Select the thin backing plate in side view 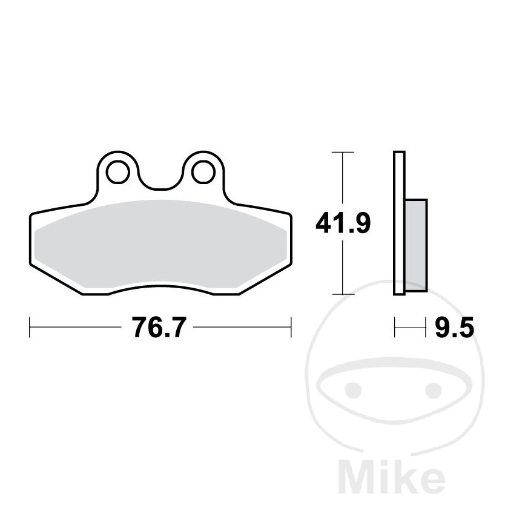point(398,223)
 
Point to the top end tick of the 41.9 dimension point(343,152)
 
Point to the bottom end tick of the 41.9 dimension point(343,294)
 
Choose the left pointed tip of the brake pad point(31,217)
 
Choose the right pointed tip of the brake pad point(289,216)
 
